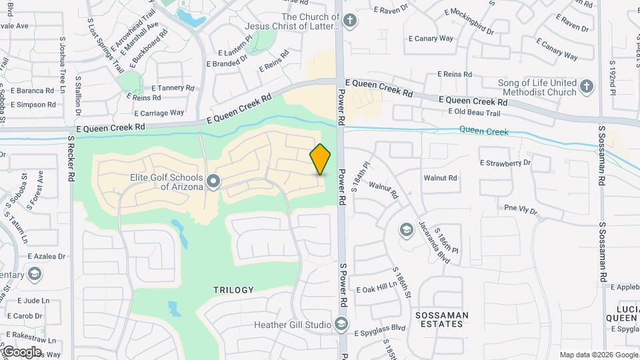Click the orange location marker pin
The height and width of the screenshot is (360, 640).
click(321, 159)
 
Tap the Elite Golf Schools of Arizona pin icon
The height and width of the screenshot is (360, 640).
click(214, 181)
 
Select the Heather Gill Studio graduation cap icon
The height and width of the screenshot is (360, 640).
click(342, 325)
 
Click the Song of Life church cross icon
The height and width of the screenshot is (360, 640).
click(586, 87)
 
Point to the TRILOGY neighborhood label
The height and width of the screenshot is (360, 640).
click(233, 290)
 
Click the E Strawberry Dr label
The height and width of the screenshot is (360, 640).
click(505, 162)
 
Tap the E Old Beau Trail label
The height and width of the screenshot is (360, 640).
click(474, 113)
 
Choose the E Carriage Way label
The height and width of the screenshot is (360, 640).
click(159, 113)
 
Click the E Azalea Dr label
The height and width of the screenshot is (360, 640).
click(47, 256)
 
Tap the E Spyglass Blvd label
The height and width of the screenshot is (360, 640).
click(379, 328)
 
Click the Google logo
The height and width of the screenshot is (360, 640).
click(22, 352)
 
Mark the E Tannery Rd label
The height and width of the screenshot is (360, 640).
click(173, 87)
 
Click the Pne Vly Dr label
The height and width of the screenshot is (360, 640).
click(520, 209)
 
